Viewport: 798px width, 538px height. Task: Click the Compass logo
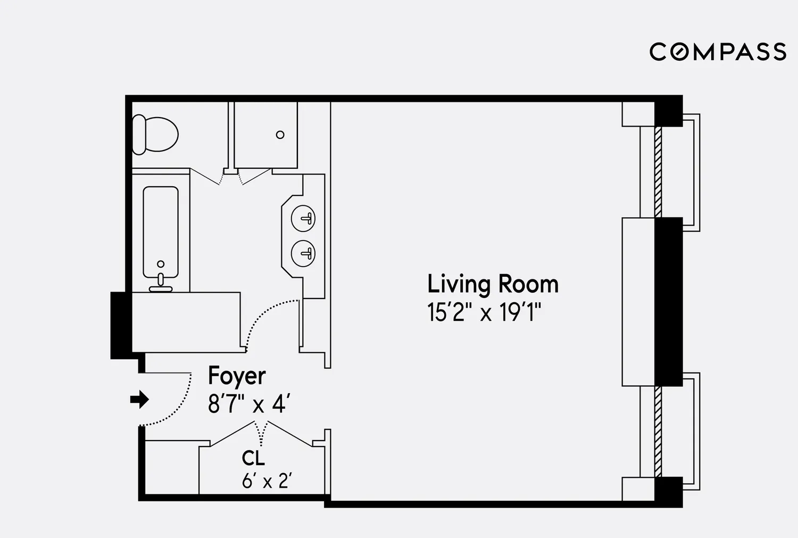(x=718, y=52)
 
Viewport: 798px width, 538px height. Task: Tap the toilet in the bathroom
(x=155, y=135)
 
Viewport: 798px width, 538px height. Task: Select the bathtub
(x=161, y=232)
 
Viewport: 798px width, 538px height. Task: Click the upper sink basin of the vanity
(x=303, y=218)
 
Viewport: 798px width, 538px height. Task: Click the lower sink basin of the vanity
(x=303, y=253)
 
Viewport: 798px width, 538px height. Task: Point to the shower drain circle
(x=280, y=135)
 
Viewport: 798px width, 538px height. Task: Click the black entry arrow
(x=139, y=400)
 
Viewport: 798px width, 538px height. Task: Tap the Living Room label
(x=493, y=284)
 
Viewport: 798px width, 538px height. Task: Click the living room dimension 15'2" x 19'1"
(x=484, y=312)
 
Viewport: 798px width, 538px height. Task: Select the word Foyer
(x=237, y=376)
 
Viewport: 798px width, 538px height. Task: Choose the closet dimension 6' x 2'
(x=267, y=481)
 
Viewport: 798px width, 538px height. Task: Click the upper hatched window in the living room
(x=658, y=172)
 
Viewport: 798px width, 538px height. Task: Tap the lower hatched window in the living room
(x=658, y=432)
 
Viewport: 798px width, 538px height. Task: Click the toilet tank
(x=139, y=135)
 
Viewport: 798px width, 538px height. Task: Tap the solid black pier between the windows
(x=669, y=302)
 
